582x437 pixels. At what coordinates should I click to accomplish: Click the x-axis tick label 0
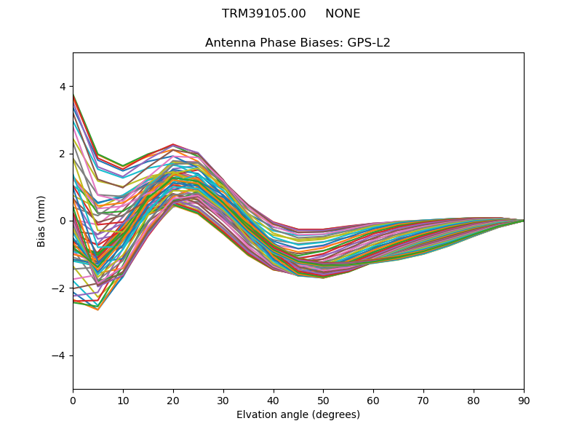[x=73, y=400]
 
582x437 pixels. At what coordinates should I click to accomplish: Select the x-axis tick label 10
[x=123, y=400]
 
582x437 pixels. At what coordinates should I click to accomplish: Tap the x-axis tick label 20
[x=173, y=400]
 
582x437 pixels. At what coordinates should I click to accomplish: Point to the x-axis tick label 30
[x=223, y=400]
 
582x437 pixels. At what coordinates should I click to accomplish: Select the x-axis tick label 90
[x=524, y=400]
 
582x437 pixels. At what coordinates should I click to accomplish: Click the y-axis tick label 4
[x=63, y=87]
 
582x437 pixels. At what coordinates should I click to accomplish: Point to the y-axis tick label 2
[x=63, y=154]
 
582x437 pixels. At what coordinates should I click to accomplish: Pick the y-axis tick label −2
[x=60, y=288]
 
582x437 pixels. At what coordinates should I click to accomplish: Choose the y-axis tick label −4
[x=60, y=355]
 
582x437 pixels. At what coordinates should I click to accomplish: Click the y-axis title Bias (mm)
[x=41, y=221]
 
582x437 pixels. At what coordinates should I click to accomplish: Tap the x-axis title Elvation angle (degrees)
[x=298, y=415]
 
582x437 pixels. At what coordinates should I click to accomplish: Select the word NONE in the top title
[x=343, y=14]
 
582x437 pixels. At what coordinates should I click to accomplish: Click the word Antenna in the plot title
[x=228, y=43]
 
